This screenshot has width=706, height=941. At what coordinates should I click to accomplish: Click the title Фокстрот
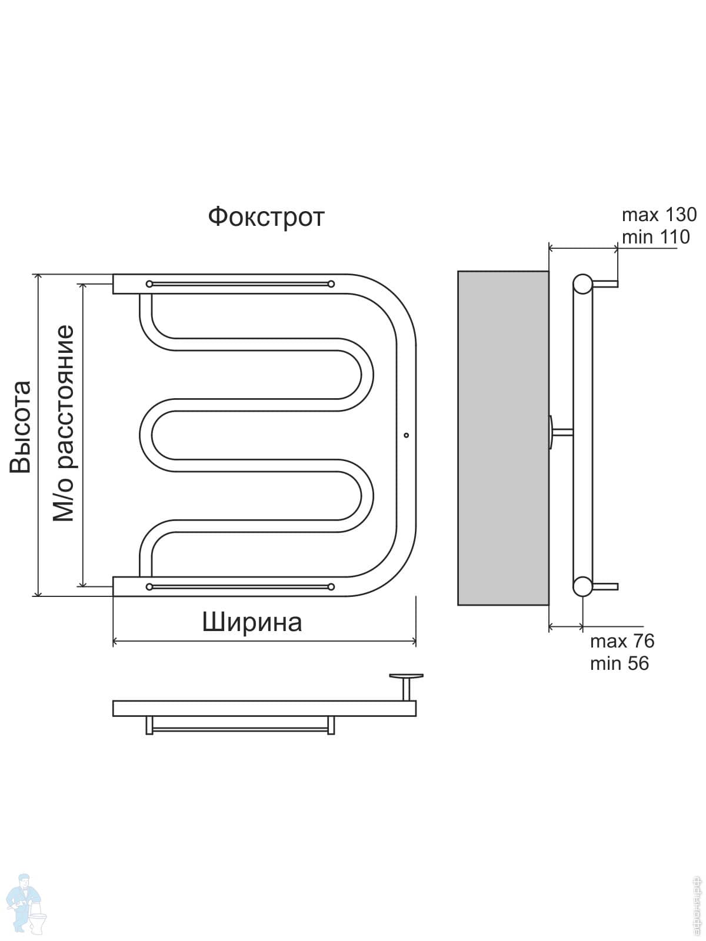pyautogui.click(x=266, y=217)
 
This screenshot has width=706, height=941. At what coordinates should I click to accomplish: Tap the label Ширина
pyautogui.click(x=252, y=622)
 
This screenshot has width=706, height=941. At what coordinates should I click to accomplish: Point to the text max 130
pyautogui.click(x=659, y=214)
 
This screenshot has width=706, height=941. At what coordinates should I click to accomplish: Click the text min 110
pyautogui.click(x=655, y=237)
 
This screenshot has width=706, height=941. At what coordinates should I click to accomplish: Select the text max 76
pyautogui.click(x=622, y=640)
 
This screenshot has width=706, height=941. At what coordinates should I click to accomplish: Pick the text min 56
pyautogui.click(x=619, y=663)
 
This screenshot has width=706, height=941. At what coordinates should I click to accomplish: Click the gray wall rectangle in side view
pyautogui.click(x=503, y=438)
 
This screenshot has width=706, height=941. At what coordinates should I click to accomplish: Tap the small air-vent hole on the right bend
pyautogui.click(x=406, y=435)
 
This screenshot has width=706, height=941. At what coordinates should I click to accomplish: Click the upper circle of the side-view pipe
pyautogui.click(x=583, y=284)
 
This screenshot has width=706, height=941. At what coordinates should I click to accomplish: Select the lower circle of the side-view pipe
pyautogui.click(x=583, y=586)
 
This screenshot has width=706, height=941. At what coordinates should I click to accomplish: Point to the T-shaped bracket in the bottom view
pyautogui.click(x=406, y=685)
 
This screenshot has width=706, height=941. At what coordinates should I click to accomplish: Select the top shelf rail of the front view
pyautogui.click(x=239, y=284)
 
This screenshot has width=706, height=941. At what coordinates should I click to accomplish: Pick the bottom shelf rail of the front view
pyautogui.click(x=239, y=586)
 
